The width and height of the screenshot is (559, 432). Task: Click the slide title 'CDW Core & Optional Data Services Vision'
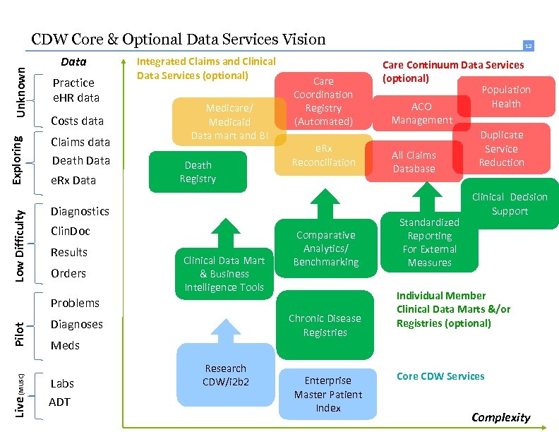click(179, 40)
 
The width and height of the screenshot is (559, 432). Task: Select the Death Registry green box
click(198, 172)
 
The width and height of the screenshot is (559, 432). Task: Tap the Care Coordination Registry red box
click(323, 101)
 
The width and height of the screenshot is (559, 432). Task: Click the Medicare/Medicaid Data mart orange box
click(229, 121)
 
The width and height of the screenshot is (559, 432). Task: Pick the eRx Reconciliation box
click(323, 155)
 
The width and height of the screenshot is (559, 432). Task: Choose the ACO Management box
click(421, 113)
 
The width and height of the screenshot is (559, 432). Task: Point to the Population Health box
click(506, 97)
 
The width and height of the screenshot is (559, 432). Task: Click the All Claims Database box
click(414, 162)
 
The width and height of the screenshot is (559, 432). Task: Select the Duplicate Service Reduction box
click(502, 148)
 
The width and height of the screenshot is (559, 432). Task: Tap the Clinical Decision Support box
click(510, 204)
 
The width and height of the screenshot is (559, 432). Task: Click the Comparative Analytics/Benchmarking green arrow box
click(325, 248)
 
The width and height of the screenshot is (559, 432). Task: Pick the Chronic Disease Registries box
click(325, 325)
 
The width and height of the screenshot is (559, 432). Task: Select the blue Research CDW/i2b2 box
click(225, 375)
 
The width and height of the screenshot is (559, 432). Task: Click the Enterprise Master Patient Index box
click(328, 394)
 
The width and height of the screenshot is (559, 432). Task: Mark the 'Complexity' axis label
click(500, 417)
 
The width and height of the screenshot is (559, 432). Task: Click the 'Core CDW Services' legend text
click(440, 376)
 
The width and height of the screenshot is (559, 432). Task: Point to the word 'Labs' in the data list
click(62, 383)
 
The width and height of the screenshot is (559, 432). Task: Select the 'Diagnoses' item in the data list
click(76, 324)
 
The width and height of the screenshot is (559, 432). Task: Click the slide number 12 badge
click(528, 46)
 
